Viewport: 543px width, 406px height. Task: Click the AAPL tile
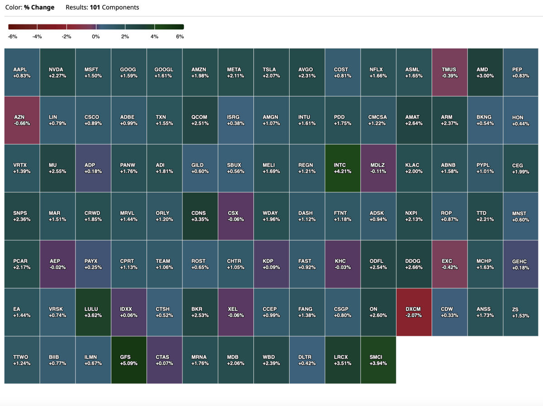pos(22,72)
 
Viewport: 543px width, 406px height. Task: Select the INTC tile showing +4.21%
pos(343,168)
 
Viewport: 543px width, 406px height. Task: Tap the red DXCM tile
pos(414,312)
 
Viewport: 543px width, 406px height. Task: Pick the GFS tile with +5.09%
pos(129,360)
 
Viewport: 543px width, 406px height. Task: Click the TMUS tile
pos(449,72)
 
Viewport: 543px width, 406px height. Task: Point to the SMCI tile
pos(378,360)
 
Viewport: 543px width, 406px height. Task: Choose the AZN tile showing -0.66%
pos(22,120)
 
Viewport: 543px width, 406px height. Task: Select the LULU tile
pos(93,312)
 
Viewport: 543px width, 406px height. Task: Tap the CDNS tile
pos(200,216)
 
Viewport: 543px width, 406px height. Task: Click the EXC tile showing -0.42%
pos(449,264)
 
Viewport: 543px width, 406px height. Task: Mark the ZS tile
pos(520,312)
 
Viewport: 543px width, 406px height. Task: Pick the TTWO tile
pos(22,360)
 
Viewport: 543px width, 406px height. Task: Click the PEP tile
pos(520,72)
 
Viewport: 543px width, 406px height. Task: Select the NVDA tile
pos(57,72)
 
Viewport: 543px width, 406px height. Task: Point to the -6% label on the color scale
pos(13,37)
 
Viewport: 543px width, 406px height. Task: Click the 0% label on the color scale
pos(96,37)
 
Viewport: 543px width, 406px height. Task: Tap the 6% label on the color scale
pos(180,37)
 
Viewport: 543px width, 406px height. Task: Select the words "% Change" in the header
pos(39,7)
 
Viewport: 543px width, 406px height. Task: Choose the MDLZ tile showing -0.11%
pos(378,168)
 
